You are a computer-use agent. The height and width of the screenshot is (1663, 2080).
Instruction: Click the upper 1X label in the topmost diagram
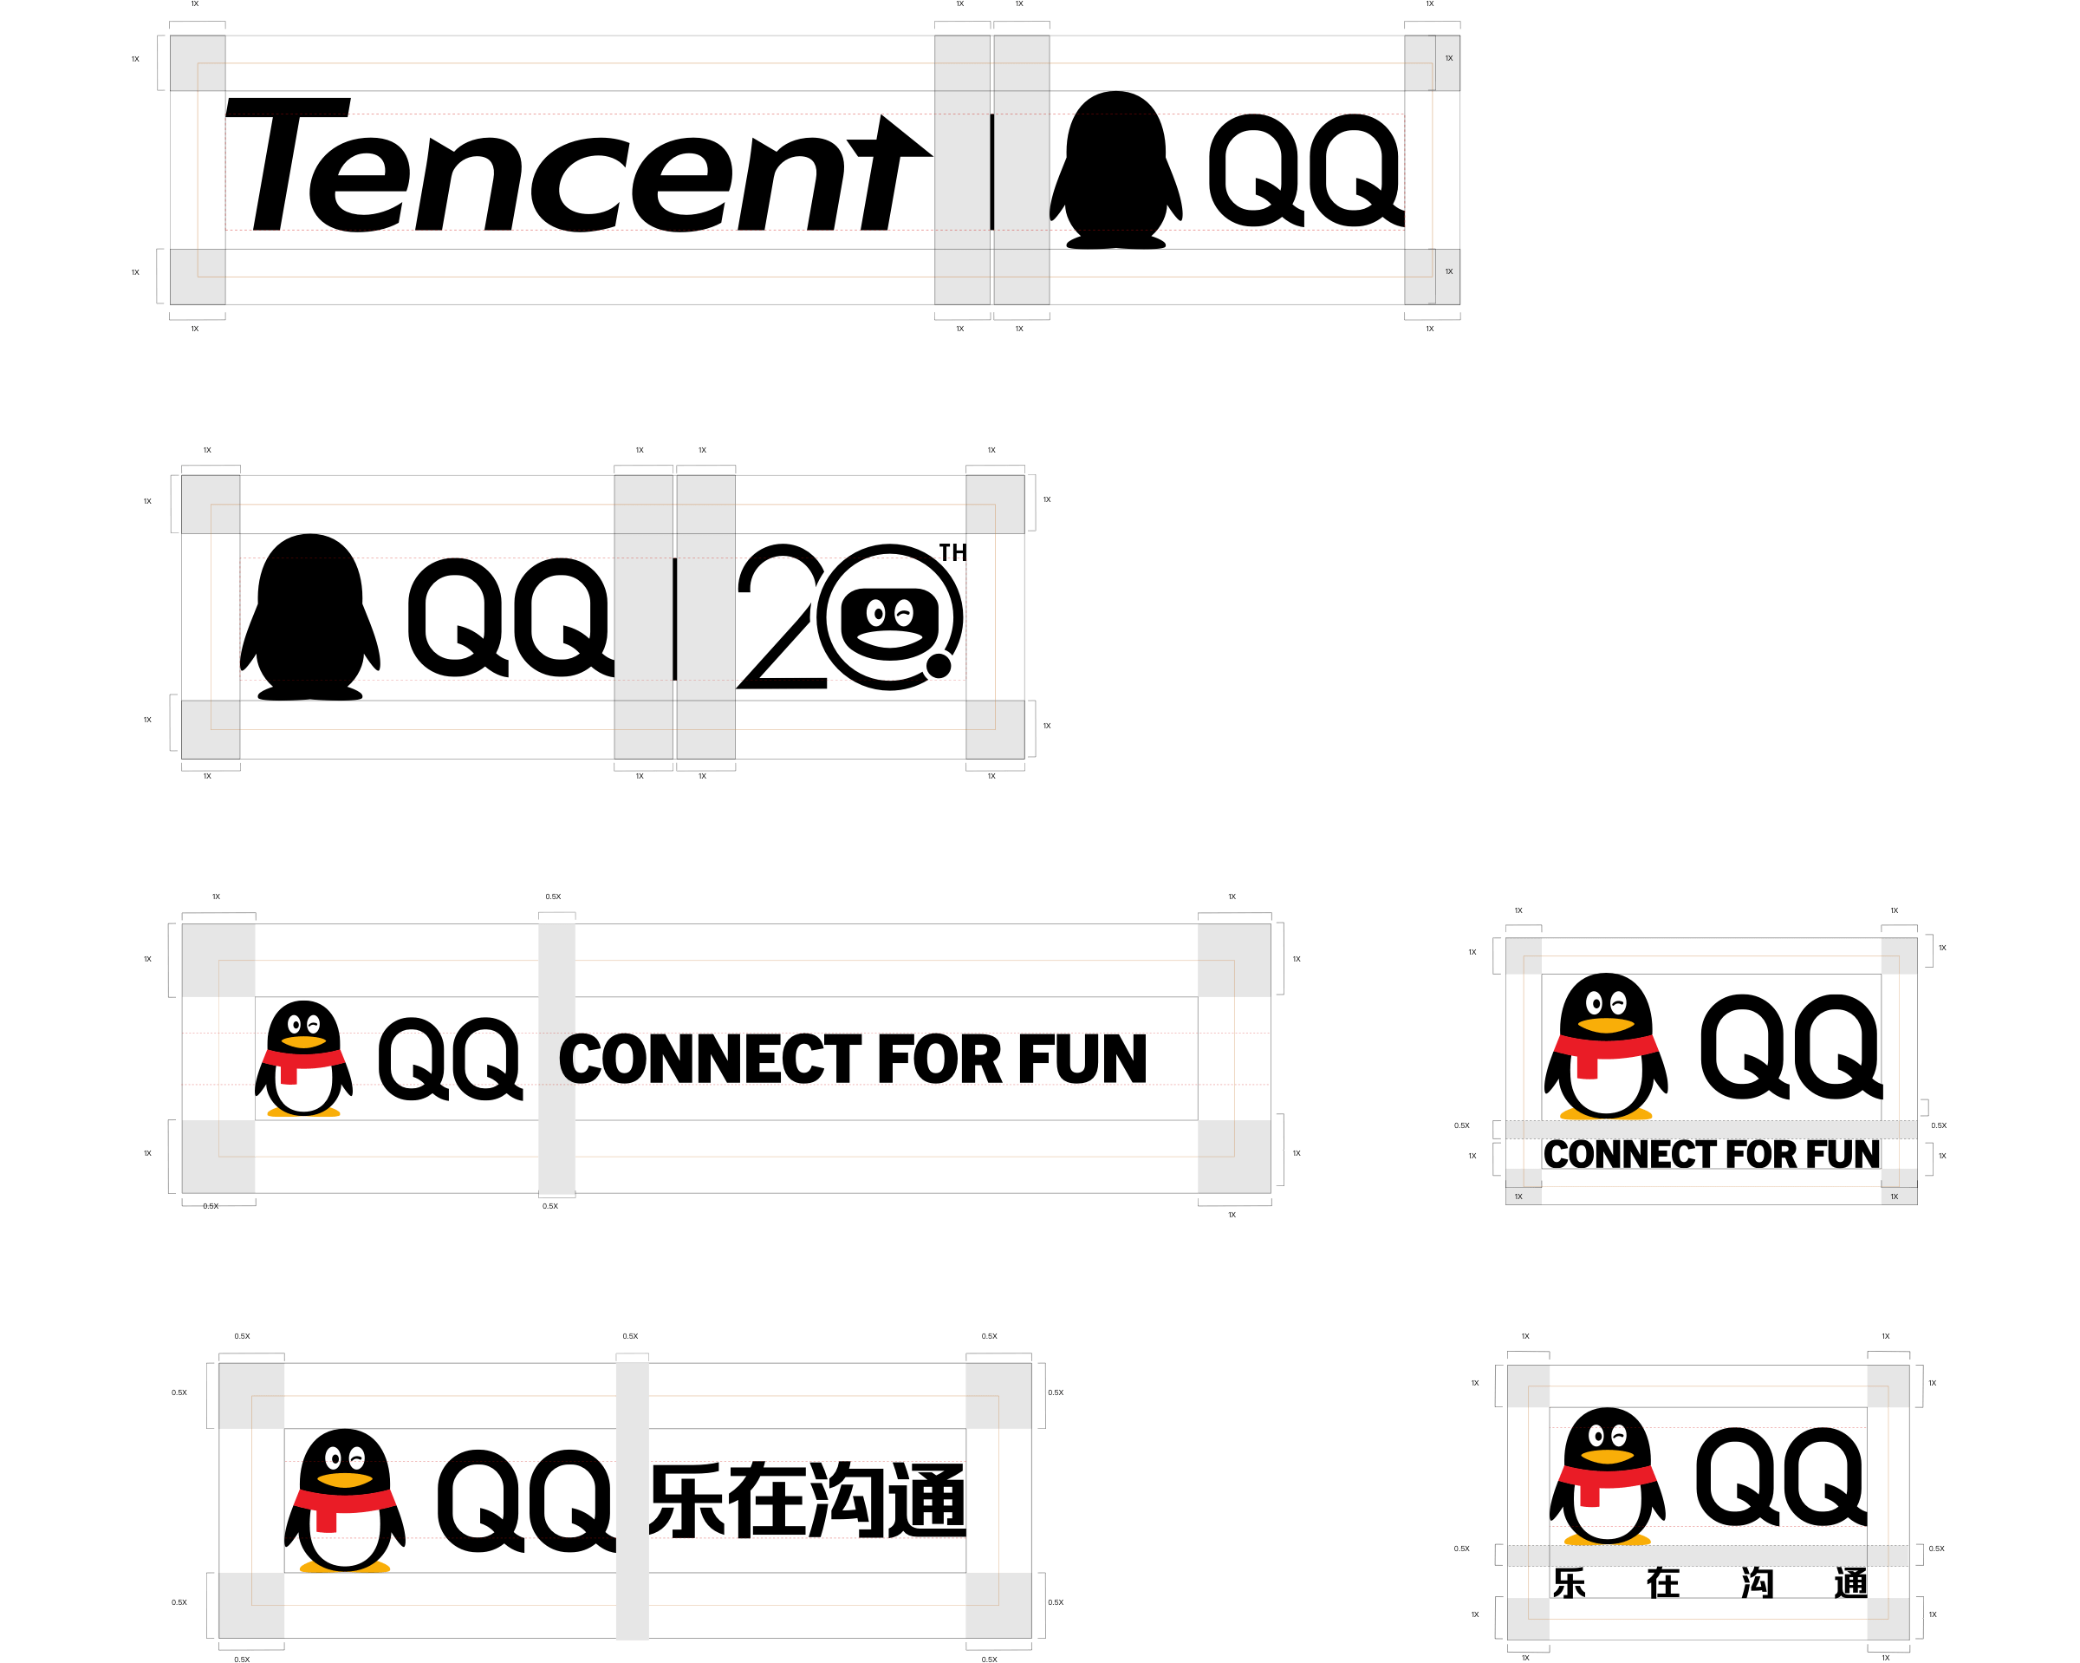(1448, 59)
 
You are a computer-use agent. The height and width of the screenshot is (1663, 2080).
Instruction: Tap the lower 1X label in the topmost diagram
(1448, 272)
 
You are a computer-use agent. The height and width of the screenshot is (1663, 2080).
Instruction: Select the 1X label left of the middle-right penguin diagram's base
(1518, 1197)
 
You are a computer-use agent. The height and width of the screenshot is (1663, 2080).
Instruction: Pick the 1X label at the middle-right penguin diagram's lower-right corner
(1894, 1197)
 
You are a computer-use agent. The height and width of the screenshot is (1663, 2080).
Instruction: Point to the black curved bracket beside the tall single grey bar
(569, 1059)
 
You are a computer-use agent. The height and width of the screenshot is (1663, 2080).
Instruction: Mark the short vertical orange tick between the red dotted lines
(1103, 1059)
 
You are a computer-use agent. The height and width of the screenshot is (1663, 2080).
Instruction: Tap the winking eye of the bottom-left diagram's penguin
(357, 1458)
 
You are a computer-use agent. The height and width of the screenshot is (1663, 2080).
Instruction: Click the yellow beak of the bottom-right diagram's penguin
(1606, 1457)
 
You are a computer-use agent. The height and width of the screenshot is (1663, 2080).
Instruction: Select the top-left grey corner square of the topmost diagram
(198, 63)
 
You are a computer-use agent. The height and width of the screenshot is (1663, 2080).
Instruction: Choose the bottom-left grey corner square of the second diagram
(211, 730)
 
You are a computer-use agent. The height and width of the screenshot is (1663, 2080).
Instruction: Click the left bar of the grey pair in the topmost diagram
(962, 171)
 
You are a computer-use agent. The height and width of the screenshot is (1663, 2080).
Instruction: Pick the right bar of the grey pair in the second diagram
(705, 616)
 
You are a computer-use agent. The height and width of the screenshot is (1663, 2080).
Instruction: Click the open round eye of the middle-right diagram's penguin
(1595, 1004)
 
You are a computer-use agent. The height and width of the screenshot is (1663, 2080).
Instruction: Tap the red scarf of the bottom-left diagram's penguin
(344, 1501)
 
